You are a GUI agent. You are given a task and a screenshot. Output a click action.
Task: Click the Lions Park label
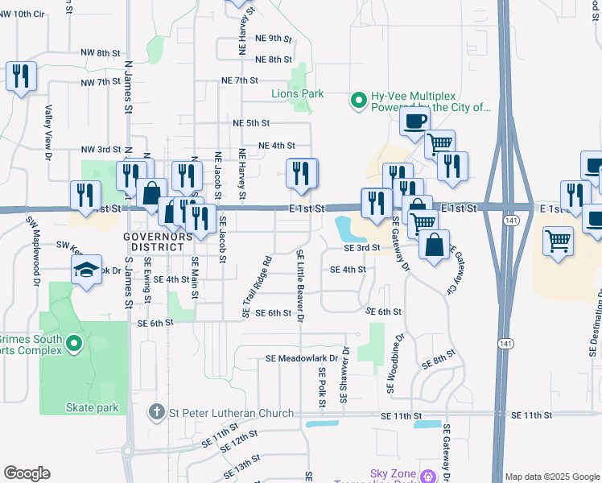pyautogui.click(x=297, y=93)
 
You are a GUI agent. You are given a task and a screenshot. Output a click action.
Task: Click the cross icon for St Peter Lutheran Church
pyautogui.click(x=158, y=413)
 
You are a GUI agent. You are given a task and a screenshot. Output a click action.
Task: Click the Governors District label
pyautogui.click(x=159, y=242)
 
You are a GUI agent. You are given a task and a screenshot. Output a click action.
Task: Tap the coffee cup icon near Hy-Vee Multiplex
pyautogui.click(x=414, y=122)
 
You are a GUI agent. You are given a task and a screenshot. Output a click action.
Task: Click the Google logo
pyautogui.click(x=27, y=473)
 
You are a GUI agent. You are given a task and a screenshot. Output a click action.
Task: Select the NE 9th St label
pyautogui.click(x=272, y=38)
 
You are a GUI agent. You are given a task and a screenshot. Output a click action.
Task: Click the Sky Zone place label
pyautogui.click(x=394, y=473)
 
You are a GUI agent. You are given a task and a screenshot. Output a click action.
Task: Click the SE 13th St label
pyautogui.click(x=237, y=469)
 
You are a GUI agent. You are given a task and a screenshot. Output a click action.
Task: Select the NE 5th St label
pyautogui.click(x=251, y=122)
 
